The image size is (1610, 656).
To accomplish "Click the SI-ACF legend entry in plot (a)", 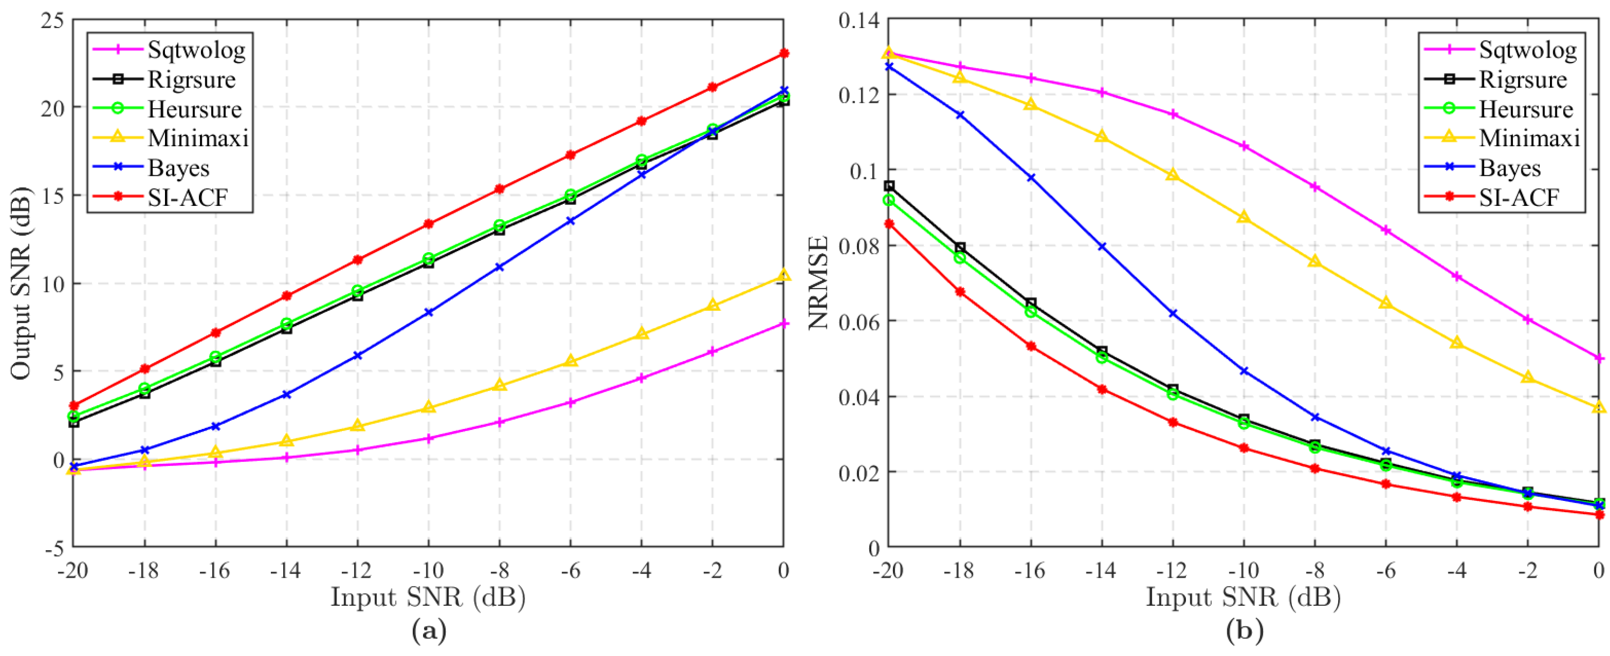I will click(x=188, y=197).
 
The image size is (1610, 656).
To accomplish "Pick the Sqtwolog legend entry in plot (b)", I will click(x=1527, y=49).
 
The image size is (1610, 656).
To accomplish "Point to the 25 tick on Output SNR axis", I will click(x=53, y=20).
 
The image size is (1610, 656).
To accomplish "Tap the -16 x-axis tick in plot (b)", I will click(x=1030, y=570).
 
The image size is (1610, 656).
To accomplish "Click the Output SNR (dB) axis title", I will click(x=20, y=283).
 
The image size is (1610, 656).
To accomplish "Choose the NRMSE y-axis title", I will click(x=819, y=283).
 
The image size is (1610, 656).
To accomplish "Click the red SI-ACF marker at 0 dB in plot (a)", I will click(x=784, y=54).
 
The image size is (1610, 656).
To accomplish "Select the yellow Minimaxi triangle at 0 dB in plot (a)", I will click(x=784, y=275).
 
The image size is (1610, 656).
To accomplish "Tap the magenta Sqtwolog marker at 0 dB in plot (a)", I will click(x=784, y=324).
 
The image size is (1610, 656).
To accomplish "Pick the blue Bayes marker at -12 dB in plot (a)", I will click(x=358, y=356).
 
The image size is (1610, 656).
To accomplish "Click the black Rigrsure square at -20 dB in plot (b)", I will click(x=889, y=186).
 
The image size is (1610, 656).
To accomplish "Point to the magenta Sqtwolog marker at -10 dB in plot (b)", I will click(x=1244, y=146).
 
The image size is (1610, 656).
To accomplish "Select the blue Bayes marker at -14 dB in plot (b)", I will click(x=1102, y=247).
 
